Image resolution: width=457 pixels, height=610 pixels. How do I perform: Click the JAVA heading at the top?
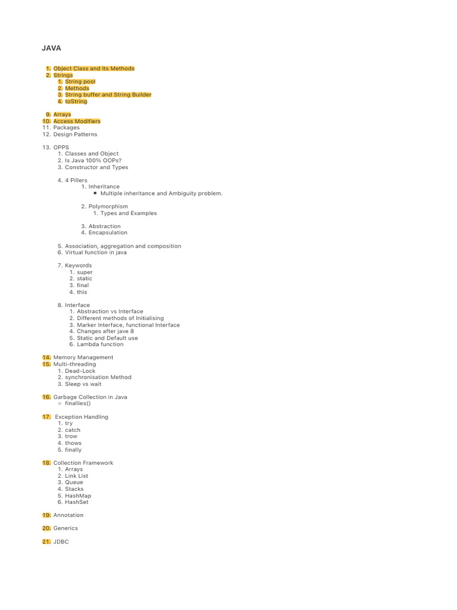[51, 48]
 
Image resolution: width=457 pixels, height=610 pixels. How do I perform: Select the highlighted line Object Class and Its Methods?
[94, 69]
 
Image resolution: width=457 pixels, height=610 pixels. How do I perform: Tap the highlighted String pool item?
[80, 82]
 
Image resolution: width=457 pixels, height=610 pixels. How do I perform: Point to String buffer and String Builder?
[108, 95]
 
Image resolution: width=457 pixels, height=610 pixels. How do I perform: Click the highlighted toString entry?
[76, 101]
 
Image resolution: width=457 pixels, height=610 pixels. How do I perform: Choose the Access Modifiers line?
[77, 121]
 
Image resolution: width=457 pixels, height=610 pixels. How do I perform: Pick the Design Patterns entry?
[75, 134]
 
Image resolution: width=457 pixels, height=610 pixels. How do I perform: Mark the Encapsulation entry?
[108, 232]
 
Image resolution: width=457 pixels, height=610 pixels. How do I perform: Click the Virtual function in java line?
[96, 252]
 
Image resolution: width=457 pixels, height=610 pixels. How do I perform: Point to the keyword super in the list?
[84, 272]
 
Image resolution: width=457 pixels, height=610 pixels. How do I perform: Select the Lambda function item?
[100, 344]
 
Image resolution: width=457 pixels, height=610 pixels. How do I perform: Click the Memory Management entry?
[83, 357]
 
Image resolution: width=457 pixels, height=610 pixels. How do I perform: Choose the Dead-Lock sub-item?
[80, 371]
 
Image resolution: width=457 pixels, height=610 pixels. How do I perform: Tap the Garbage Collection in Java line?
[90, 397]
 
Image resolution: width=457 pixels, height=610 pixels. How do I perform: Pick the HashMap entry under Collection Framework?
[78, 496]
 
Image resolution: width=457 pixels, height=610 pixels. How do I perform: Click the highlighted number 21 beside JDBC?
[46, 541]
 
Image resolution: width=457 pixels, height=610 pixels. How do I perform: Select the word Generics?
[65, 528]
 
